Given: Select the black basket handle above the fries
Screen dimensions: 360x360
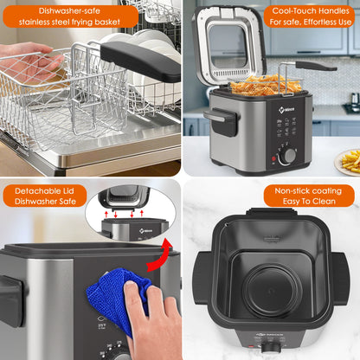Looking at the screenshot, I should click(312, 65).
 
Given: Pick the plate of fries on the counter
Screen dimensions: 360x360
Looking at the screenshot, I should click(349, 160).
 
